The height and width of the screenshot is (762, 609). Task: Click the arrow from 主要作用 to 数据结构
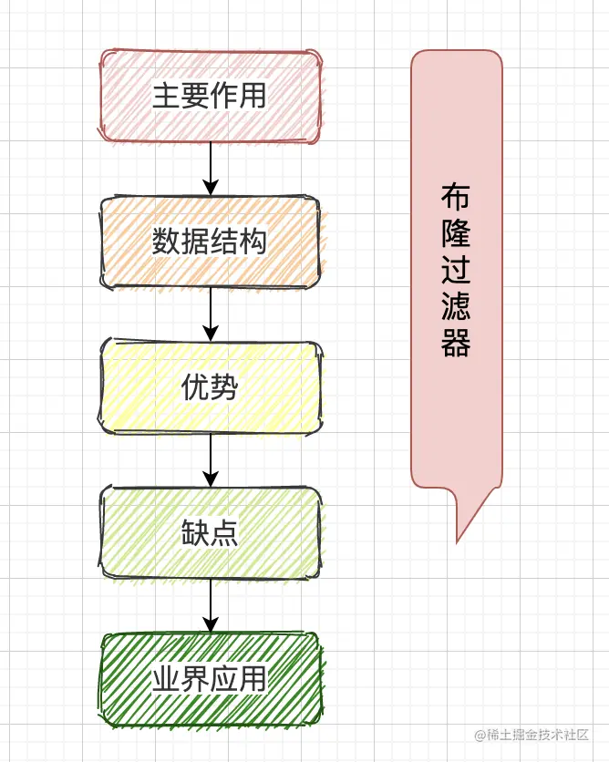(x=211, y=170)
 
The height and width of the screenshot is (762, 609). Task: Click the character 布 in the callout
(x=456, y=197)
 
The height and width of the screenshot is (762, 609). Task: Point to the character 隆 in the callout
(x=456, y=234)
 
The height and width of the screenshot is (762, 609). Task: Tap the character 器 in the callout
(x=456, y=344)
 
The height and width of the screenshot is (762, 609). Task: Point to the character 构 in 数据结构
(x=253, y=242)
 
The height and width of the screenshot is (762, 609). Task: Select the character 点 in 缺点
(x=224, y=534)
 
